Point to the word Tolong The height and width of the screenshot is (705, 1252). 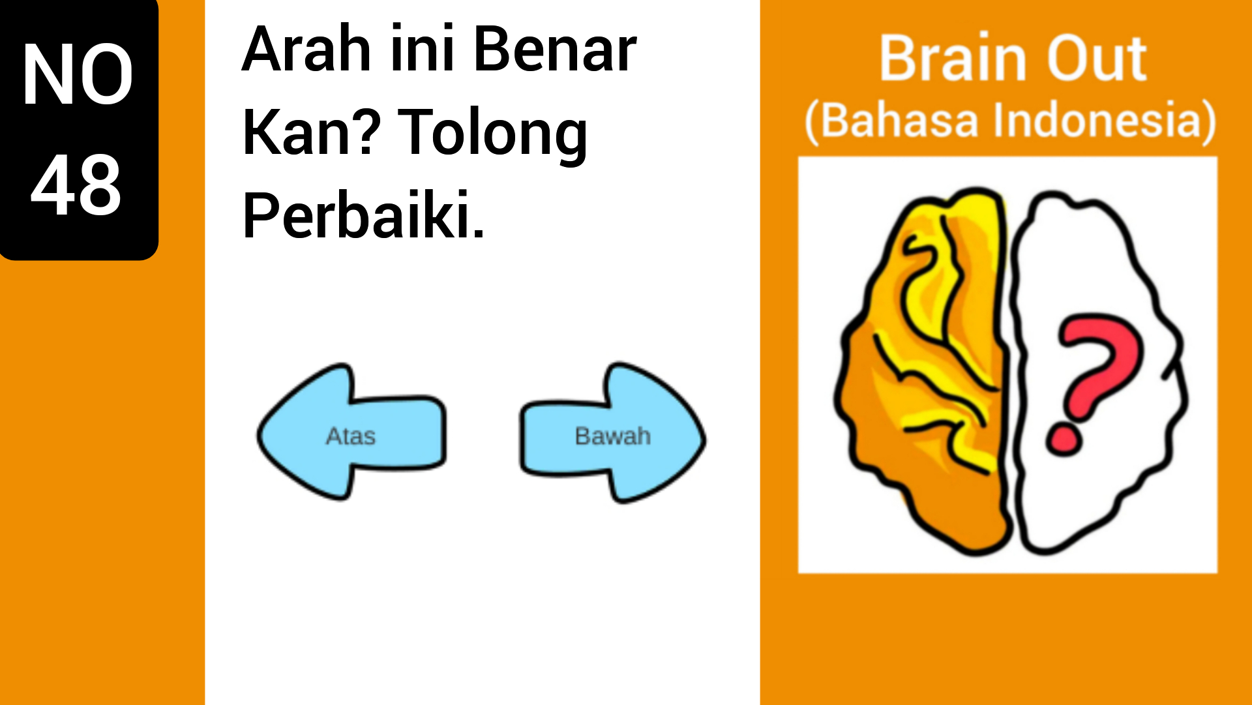point(492,134)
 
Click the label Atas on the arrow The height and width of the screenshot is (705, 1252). point(351,436)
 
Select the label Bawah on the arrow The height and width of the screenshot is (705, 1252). point(613,436)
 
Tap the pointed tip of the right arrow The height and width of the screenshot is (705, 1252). point(703,438)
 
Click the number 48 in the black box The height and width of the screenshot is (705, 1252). point(76,186)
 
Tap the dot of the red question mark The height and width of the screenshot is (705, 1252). point(1064,439)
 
